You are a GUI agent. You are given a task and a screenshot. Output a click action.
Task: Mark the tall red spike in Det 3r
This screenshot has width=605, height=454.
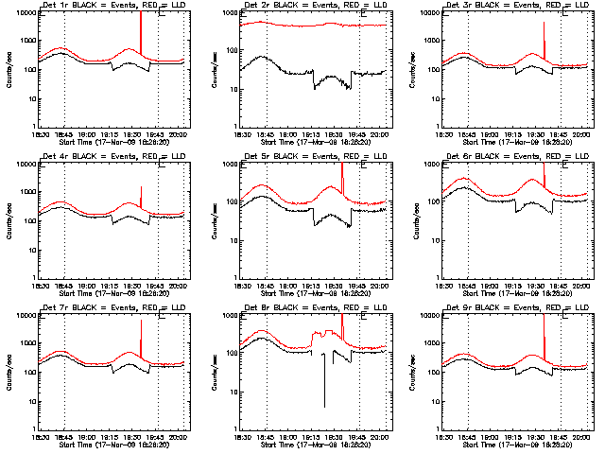(x=544, y=38)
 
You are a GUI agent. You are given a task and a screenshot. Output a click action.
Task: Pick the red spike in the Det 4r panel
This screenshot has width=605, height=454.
(x=140, y=197)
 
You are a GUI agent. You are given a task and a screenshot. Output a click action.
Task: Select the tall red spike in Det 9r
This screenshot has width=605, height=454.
(x=544, y=336)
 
